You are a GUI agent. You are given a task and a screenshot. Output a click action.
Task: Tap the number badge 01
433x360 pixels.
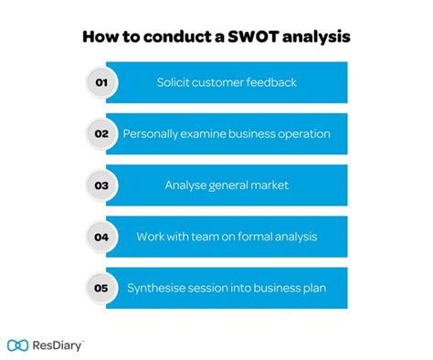(x=101, y=82)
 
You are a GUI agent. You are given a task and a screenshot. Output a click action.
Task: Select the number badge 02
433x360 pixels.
(x=101, y=133)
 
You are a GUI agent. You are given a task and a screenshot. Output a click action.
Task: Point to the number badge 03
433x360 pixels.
(x=101, y=185)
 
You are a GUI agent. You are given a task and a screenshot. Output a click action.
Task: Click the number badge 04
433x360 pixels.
(x=101, y=237)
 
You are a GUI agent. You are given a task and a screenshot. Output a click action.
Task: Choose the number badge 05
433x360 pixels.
(x=101, y=288)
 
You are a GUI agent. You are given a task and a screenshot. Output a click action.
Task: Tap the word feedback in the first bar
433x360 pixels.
(x=273, y=82)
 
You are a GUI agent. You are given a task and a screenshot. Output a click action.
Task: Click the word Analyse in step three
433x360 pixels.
(x=186, y=185)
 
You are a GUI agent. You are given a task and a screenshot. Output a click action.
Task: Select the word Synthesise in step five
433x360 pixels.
(x=159, y=288)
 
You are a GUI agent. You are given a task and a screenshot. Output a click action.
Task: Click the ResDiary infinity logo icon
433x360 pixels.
(x=18, y=345)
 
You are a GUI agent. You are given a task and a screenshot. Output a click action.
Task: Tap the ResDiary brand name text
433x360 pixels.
(x=58, y=345)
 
